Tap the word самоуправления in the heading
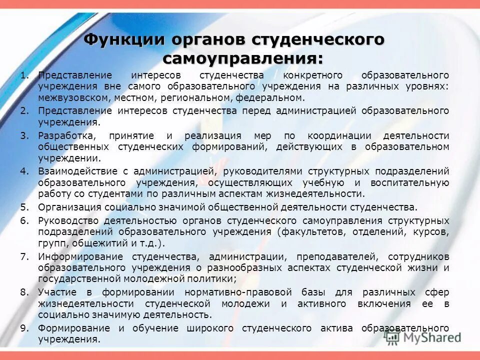(243, 57)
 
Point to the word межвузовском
(70, 98)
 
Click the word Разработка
(65, 135)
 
